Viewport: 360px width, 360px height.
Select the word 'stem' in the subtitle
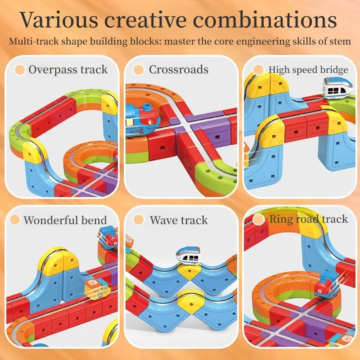[x=341, y=41]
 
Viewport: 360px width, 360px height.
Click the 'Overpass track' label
[x=68, y=69]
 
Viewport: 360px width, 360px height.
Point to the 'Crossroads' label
[x=179, y=69]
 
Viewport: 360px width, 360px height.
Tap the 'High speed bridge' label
[x=308, y=69]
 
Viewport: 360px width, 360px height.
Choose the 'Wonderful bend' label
[x=65, y=220]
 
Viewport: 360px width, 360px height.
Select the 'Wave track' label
[x=179, y=220]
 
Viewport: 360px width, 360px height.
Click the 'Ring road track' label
[x=308, y=219]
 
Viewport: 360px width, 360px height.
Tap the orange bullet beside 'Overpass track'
[x=19, y=70]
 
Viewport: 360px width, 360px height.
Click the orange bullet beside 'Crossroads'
[x=139, y=70]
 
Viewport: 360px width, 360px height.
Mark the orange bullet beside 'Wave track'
[x=139, y=220]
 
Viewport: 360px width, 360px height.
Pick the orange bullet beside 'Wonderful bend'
[x=15, y=220]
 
